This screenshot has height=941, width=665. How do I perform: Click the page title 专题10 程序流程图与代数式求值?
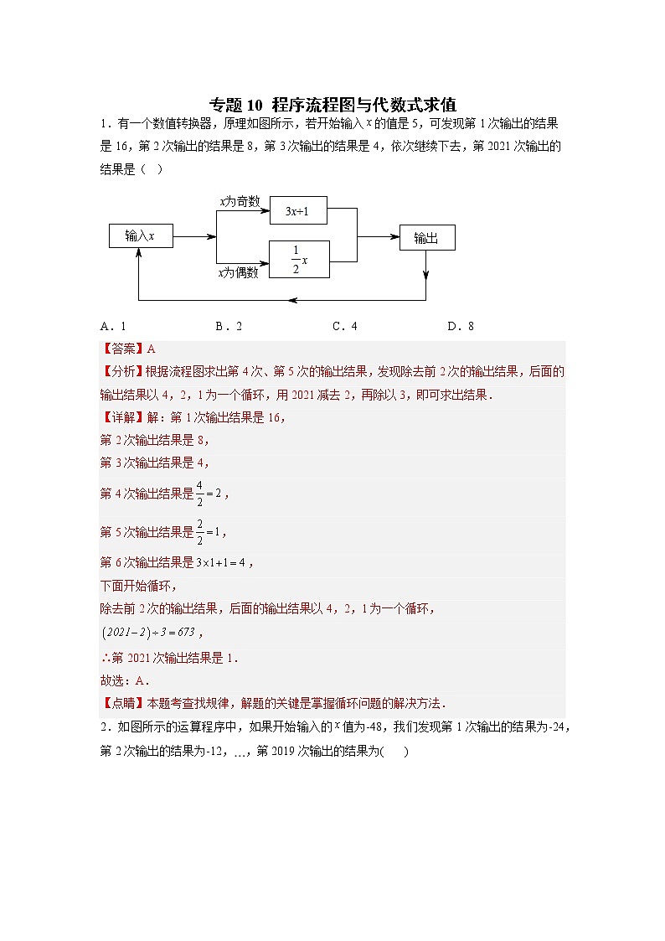[x=332, y=105]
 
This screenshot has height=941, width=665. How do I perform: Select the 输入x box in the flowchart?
[x=140, y=236]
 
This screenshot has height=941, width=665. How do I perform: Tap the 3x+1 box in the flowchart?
[x=297, y=211]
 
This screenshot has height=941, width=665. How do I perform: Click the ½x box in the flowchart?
[x=299, y=259]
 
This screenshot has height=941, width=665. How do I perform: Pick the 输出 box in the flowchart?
[x=426, y=238]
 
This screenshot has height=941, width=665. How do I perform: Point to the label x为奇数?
[x=240, y=202]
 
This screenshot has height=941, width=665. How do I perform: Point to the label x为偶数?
[x=239, y=271]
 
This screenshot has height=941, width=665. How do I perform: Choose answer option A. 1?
[x=112, y=326]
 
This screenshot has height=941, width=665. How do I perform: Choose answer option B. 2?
[x=229, y=326]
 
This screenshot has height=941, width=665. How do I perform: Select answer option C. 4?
[x=344, y=326]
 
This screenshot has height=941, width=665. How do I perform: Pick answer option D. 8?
[x=461, y=326]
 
